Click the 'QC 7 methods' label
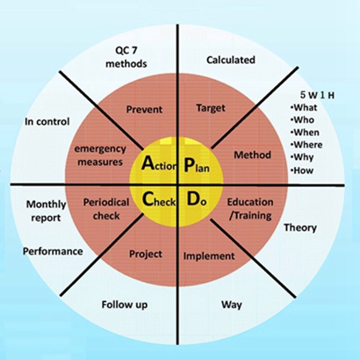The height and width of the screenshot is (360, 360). click(126, 57)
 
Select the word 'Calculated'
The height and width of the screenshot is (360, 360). click(231, 60)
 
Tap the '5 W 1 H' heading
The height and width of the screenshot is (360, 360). click(317, 95)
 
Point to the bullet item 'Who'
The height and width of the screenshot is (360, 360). click(302, 120)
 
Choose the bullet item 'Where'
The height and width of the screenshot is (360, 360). click(306, 145)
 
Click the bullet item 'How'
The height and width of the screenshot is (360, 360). click(302, 170)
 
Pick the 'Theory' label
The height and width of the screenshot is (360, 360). click(300, 227)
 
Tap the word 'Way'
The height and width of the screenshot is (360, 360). click(232, 305)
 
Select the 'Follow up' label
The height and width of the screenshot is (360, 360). click(125, 305)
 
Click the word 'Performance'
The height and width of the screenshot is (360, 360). click(53, 251)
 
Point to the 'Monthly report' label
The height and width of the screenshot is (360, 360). click(46, 211)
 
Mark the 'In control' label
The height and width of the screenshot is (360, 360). click(47, 121)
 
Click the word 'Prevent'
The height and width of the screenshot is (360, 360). click(144, 110)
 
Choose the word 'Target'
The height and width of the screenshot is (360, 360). click(211, 108)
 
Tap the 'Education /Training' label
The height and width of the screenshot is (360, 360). click(250, 209)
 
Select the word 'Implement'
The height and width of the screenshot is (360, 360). click(209, 256)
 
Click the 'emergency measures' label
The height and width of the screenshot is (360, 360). click(100, 155)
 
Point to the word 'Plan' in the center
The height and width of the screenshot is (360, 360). click(197, 164)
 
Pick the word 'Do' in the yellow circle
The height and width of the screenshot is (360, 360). click(197, 199)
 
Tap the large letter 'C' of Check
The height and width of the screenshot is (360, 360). click(148, 199)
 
